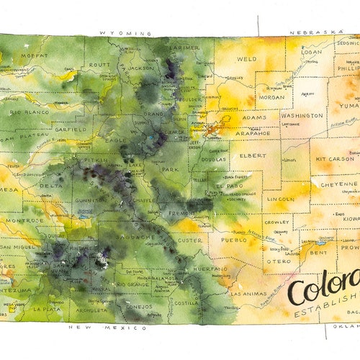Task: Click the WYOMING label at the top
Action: (x=126, y=33)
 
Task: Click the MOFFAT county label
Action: (x=35, y=55)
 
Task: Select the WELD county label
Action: (x=246, y=59)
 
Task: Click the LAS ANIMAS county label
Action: (x=248, y=294)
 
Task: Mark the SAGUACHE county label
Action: (x=138, y=237)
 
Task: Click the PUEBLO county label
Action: (x=234, y=240)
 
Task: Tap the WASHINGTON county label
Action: (x=302, y=115)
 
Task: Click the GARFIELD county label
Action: (x=71, y=130)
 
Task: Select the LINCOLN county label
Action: (x=280, y=199)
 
